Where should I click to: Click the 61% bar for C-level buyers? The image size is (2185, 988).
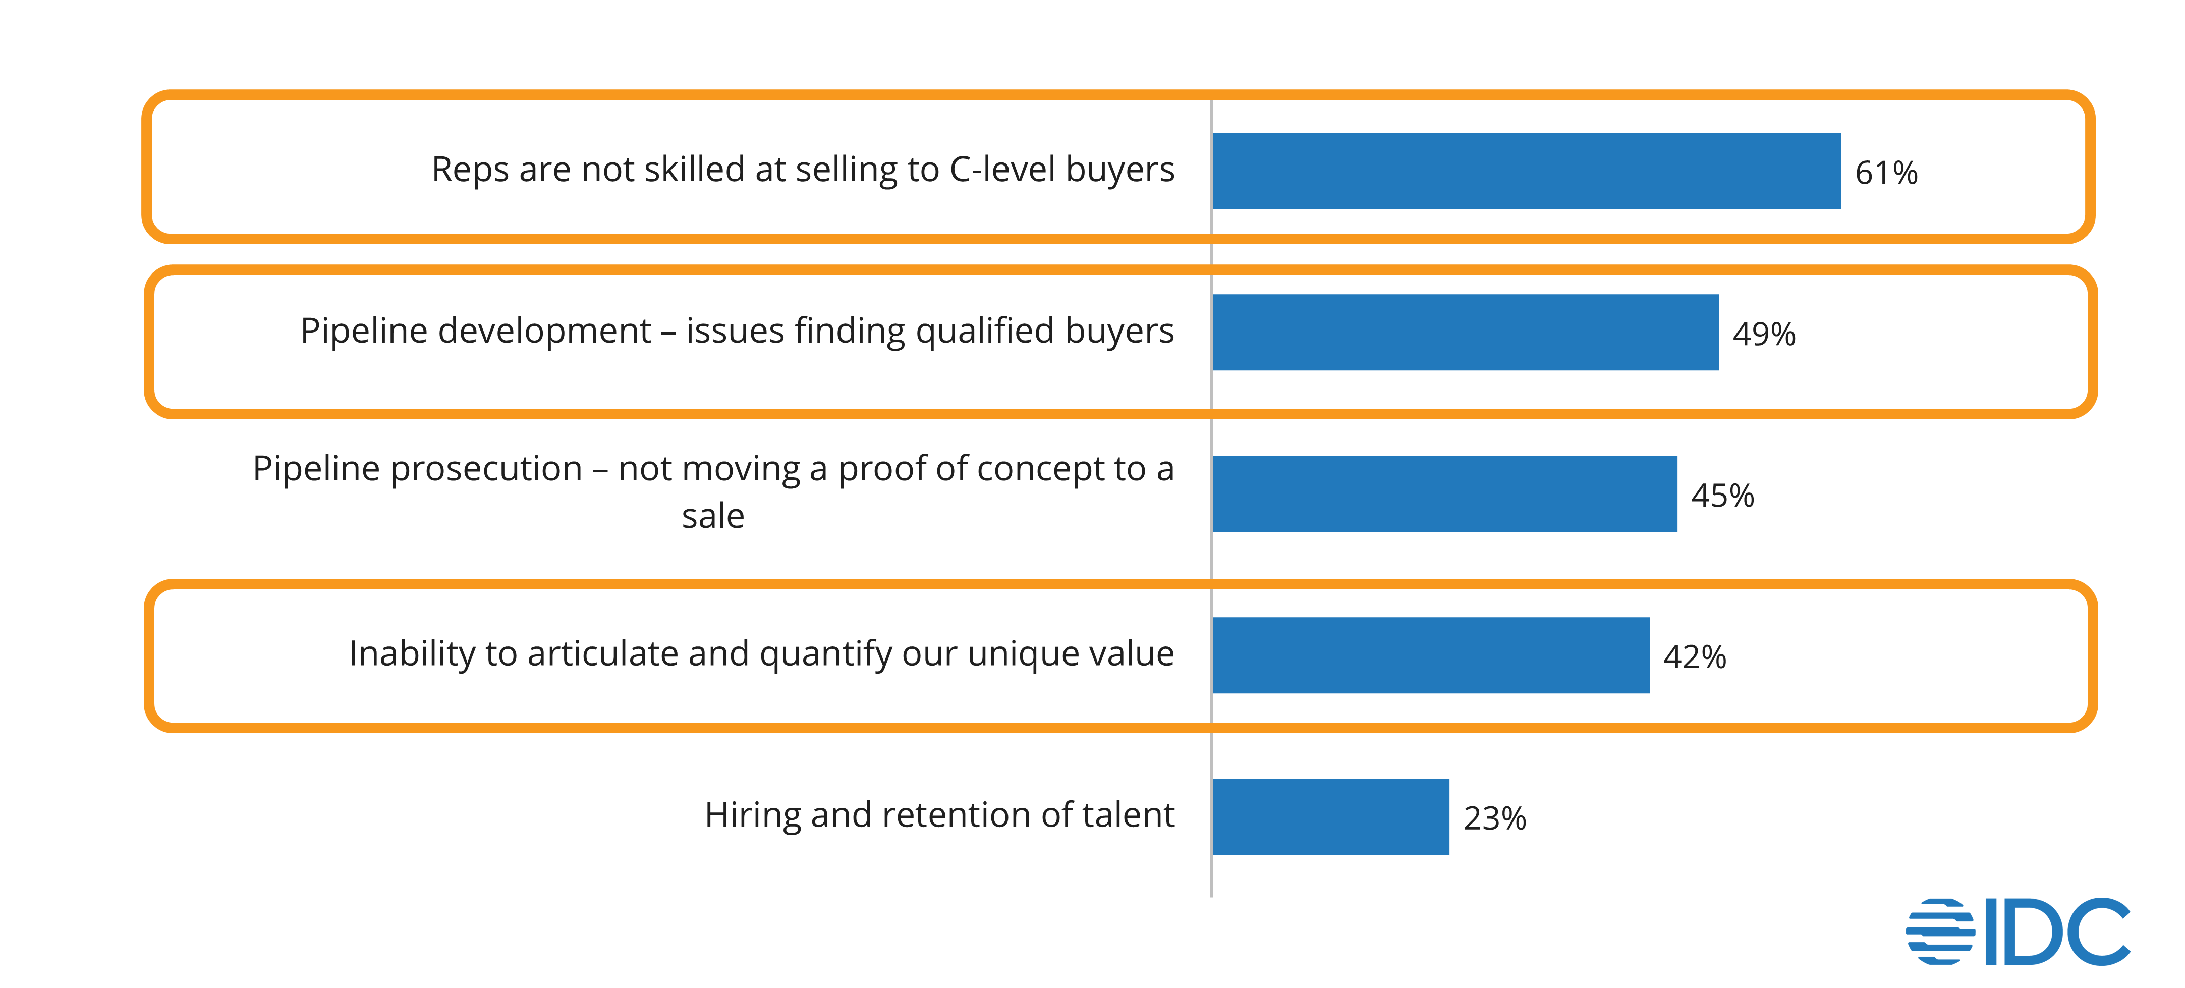click(x=1526, y=171)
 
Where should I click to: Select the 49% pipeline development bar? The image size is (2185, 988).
click(x=1465, y=333)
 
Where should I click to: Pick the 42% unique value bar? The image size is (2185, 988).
click(x=1431, y=655)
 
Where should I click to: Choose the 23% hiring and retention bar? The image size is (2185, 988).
click(x=1331, y=817)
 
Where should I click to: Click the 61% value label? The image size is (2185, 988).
click(x=1886, y=173)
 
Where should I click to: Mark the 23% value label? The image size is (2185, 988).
click(x=1494, y=818)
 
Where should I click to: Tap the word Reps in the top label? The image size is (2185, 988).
click(x=470, y=170)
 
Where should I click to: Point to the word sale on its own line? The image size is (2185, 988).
click(x=712, y=517)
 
